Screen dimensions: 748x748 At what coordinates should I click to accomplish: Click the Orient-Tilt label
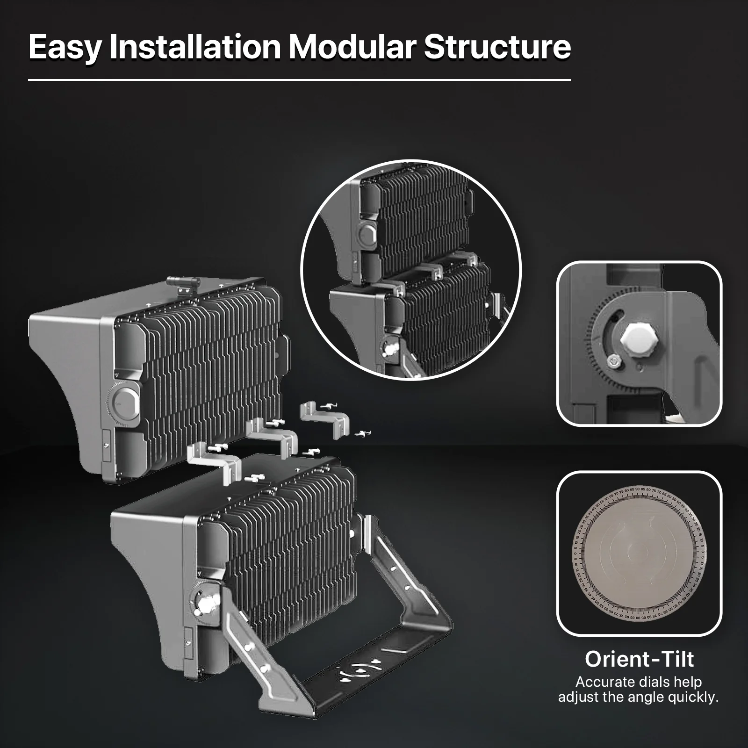pos(639,659)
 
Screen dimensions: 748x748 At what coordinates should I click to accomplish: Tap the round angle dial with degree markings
pos(639,554)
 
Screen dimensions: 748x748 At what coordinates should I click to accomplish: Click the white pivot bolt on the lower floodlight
pos(204,604)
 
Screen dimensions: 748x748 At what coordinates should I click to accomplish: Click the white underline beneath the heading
pos(299,80)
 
